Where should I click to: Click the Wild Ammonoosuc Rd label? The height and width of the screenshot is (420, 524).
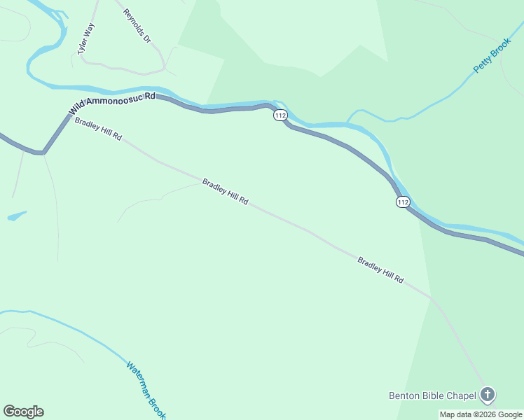[112, 104]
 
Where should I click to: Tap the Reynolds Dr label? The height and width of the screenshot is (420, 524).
[137, 26]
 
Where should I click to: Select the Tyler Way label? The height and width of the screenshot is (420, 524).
[85, 39]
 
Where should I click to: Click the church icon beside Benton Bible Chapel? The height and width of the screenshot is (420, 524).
[488, 395]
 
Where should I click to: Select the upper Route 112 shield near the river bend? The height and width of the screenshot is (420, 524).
[280, 115]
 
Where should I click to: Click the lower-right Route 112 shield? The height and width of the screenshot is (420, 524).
[402, 202]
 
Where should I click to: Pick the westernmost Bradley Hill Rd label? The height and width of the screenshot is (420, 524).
[98, 129]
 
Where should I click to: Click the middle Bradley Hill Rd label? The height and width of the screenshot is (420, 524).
[225, 191]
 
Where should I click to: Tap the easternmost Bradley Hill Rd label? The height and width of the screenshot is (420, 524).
[380, 269]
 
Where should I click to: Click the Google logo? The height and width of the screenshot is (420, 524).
[23, 412]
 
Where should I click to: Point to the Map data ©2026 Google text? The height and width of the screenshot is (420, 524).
[481, 414]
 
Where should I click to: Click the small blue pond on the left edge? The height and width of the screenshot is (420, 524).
[17, 216]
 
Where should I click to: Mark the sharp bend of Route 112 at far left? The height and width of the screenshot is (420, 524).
[43, 151]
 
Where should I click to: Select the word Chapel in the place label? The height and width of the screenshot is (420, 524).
[462, 395]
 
